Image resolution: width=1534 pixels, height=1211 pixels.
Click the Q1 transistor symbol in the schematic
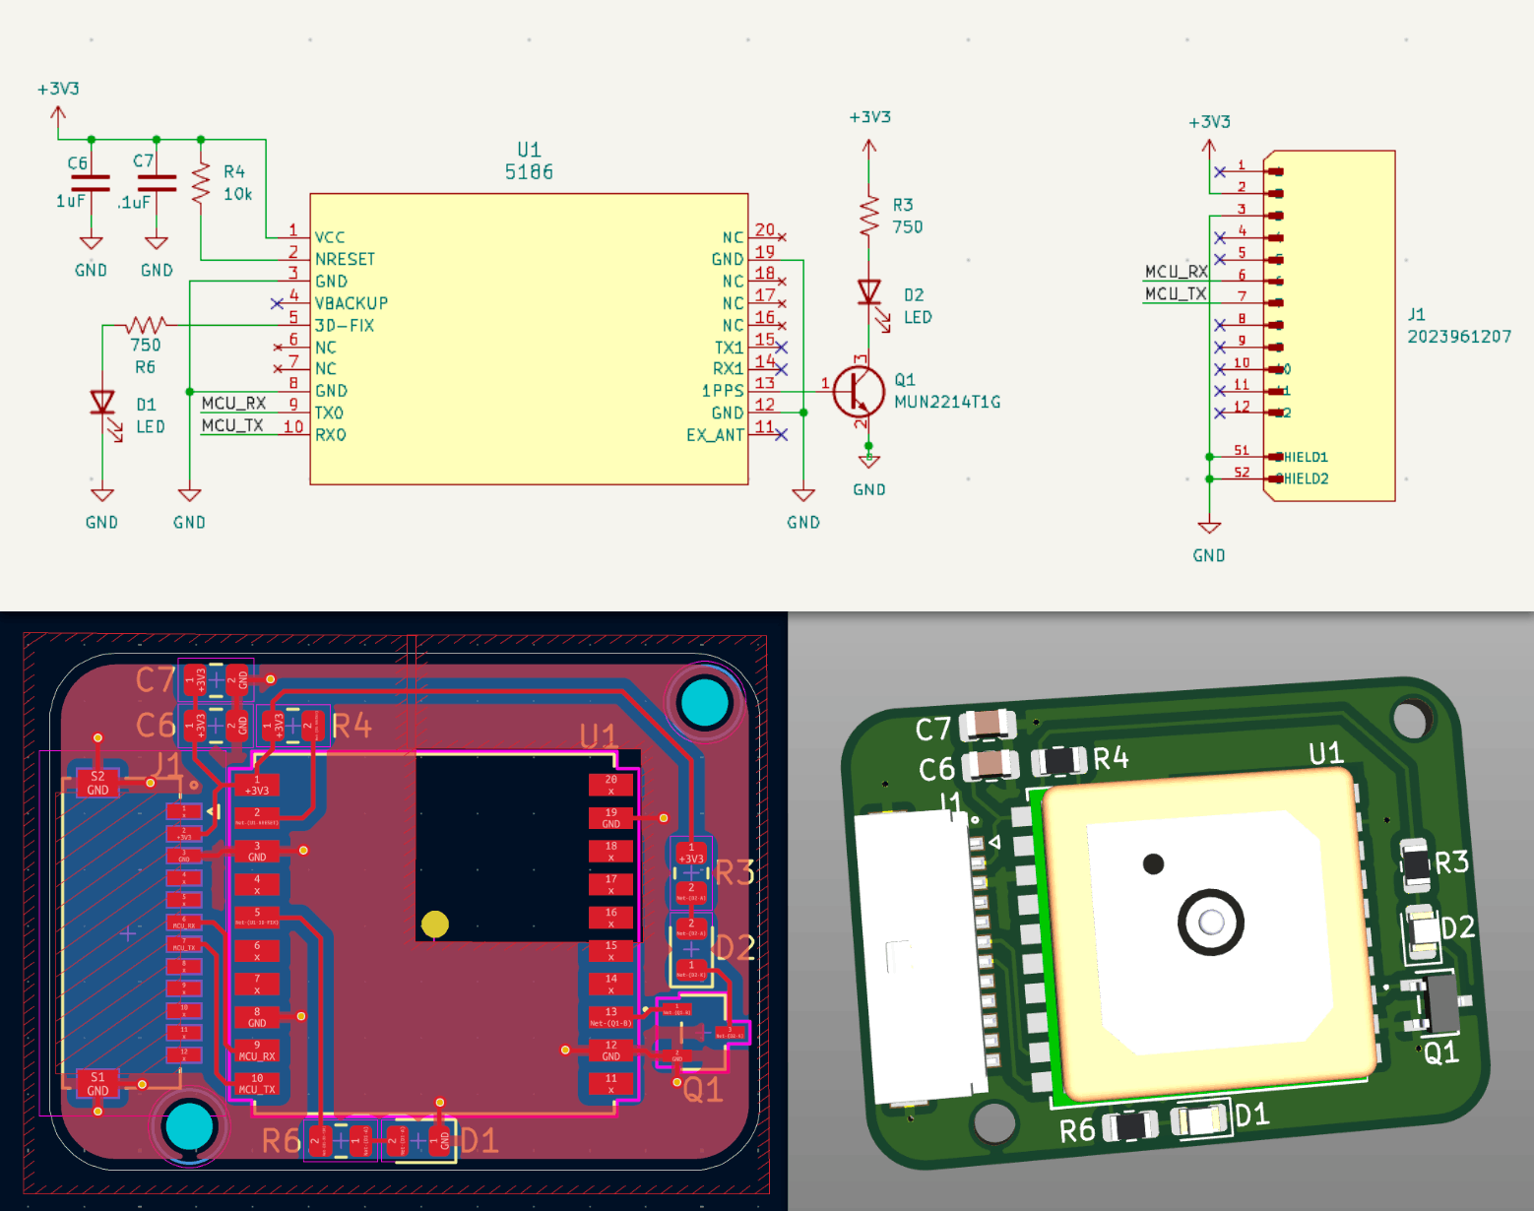[858, 391]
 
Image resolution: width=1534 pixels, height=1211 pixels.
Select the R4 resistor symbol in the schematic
[201, 183]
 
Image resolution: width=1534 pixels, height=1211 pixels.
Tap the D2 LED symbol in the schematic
[868, 292]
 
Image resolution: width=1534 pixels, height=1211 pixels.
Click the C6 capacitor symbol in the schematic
[91, 183]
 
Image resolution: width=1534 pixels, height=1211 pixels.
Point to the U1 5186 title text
[529, 160]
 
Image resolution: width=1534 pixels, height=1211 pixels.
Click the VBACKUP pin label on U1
[351, 303]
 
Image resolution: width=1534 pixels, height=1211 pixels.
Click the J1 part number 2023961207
[1458, 337]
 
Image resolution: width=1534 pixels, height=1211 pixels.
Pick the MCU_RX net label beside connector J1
[1176, 272]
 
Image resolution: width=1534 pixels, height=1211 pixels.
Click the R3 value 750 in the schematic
[907, 227]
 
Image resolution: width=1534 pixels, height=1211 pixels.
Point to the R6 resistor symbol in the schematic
[146, 324]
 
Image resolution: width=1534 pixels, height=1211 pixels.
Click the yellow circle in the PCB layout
[435, 924]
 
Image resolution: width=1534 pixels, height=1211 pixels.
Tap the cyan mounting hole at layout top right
[705, 703]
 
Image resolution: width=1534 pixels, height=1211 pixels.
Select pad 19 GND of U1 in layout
[610, 818]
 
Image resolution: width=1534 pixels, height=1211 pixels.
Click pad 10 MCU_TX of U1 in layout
[257, 1084]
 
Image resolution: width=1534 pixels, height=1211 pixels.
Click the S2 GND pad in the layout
[97, 783]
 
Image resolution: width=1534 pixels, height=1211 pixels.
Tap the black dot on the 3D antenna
[1153, 864]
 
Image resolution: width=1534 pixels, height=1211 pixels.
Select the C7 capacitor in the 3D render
[988, 726]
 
